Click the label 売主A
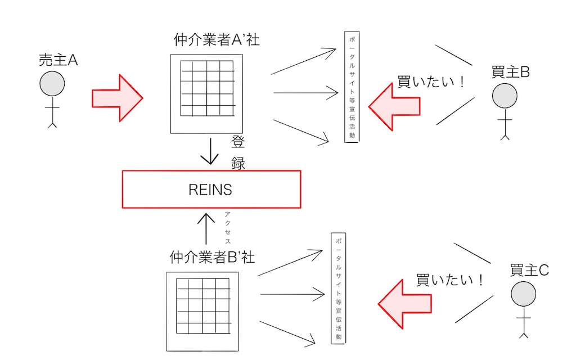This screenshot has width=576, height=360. pos(58,60)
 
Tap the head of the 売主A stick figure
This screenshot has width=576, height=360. pos(52,84)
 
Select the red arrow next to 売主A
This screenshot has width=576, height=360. pos(117,98)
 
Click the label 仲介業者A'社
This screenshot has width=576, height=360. pos(217,40)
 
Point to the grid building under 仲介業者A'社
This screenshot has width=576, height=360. pos(206,94)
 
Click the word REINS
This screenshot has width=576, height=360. pos(210,190)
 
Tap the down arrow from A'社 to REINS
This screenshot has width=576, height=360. pos(210,151)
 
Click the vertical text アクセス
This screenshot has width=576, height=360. pos(227,228)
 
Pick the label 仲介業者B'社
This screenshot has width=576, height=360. pos(212,257)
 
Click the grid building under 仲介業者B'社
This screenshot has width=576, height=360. pos(202,312)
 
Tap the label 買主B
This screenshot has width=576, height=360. pos(511,72)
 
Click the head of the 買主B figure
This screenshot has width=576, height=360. pos(505,96)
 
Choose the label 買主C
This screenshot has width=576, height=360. pos(529,271)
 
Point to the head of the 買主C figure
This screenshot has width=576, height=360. pos(523,294)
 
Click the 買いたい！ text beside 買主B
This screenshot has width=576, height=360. pos(432,81)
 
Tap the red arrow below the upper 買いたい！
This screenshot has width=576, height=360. pos(394,107)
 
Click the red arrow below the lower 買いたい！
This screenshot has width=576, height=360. pos(405,304)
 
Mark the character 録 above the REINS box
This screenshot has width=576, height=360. pos(238,163)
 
